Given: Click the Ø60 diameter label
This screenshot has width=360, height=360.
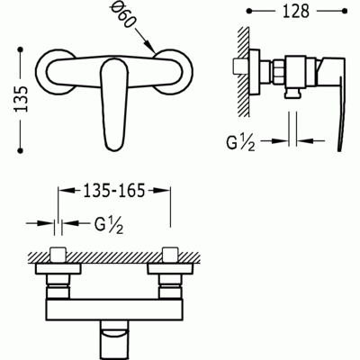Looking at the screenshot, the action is [121, 16].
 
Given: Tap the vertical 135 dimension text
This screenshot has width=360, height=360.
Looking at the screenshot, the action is [22, 99].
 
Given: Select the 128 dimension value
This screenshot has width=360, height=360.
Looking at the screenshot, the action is [296, 11].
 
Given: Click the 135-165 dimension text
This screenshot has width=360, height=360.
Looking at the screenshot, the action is [114, 190].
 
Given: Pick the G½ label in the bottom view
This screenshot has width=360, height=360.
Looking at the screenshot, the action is [109, 225].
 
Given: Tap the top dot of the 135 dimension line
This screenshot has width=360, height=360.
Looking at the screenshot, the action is [21, 49].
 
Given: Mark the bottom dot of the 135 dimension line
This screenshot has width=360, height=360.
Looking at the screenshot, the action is [21, 150].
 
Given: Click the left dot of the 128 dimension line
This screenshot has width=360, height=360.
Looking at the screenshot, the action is [249, 12].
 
